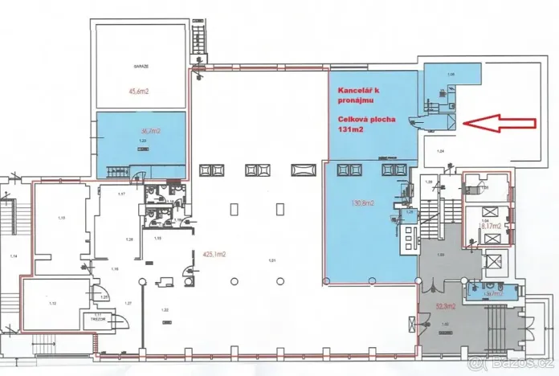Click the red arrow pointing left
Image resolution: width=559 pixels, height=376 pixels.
click(500, 123)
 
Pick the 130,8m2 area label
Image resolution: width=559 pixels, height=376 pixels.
click(357, 203)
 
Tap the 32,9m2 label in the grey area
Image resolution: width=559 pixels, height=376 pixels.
click(446, 307)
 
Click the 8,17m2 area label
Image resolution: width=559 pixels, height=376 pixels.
click(491, 227)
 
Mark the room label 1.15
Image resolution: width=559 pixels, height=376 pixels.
click(60, 218)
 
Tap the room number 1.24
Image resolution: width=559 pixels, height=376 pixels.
click(439, 151)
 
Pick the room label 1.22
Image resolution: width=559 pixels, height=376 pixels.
click(165, 309)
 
